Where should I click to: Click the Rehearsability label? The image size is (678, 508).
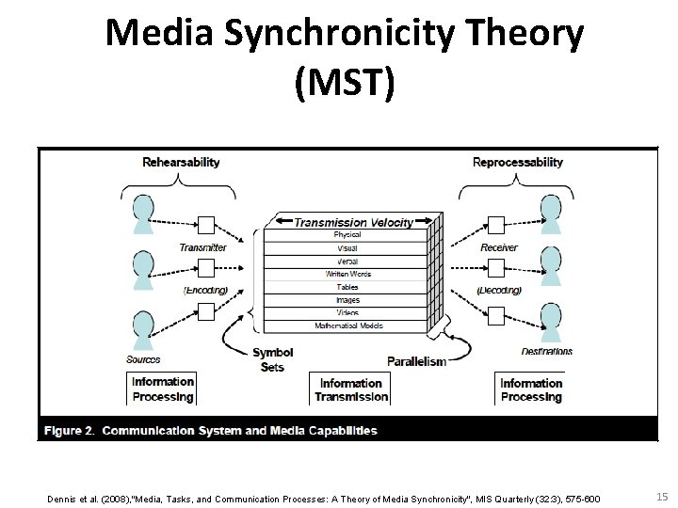(x=181, y=162)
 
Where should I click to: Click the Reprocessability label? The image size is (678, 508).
(x=517, y=162)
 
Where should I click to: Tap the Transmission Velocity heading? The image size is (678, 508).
(x=353, y=223)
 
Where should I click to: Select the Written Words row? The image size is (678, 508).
(x=347, y=274)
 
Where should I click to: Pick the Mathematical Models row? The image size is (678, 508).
(x=347, y=325)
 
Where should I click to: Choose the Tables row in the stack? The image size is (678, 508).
(x=347, y=287)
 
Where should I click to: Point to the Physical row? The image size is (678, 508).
(x=347, y=235)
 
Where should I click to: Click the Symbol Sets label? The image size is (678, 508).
(x=272, y=359)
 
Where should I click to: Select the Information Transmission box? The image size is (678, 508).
(x=350, y=389)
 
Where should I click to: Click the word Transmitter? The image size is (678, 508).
(x=203, y=247)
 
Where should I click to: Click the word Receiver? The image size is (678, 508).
(x=499, y=247)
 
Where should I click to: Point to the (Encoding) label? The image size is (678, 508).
(x=205, y=290)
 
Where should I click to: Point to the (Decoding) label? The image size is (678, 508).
(x=499, y=290)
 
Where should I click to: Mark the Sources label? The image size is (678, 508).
(x=142, y=358)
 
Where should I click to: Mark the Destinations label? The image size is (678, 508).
(x=546, y=352)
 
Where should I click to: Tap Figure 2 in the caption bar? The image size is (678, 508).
(x=68, y=431)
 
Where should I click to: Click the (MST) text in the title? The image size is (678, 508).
(x=345, y=86)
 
